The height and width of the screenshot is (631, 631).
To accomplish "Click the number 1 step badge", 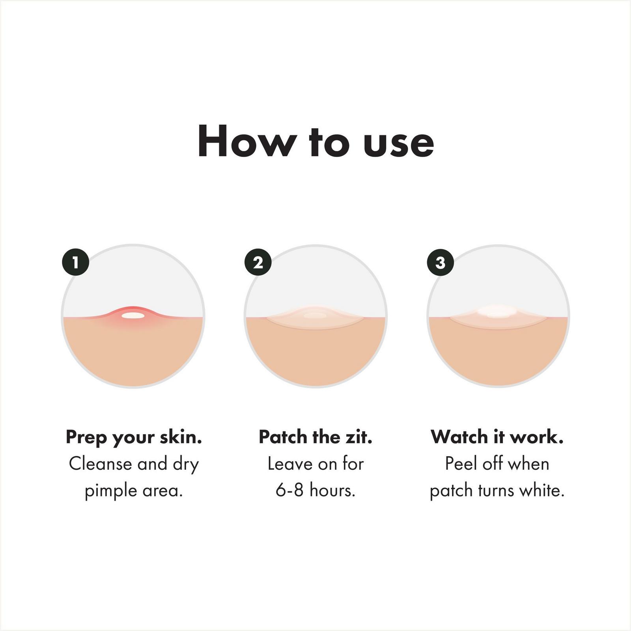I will pyautogui.click(x=75, y=262).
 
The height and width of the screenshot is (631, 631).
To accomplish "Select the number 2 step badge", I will pyautogui.click(x=258, y=262).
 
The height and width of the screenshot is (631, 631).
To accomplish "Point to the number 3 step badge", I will pyautogui.click(x=441, y=262).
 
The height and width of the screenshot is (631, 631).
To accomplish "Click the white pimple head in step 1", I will pyautogui.click(x=133, y=315).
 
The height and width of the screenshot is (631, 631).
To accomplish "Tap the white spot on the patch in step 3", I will pyautogui.click(x=494, y=311).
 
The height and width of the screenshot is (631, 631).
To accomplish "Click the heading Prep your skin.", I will pyautogui.click(x=134, y=437).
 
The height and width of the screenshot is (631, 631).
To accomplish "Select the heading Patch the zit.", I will pyautogui.click(x=315, y=437).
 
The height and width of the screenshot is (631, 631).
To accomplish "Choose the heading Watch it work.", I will pyautogui.click(x=497, y=437).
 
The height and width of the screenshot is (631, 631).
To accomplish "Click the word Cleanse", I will pyautogui.click(x=100, y=464).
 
